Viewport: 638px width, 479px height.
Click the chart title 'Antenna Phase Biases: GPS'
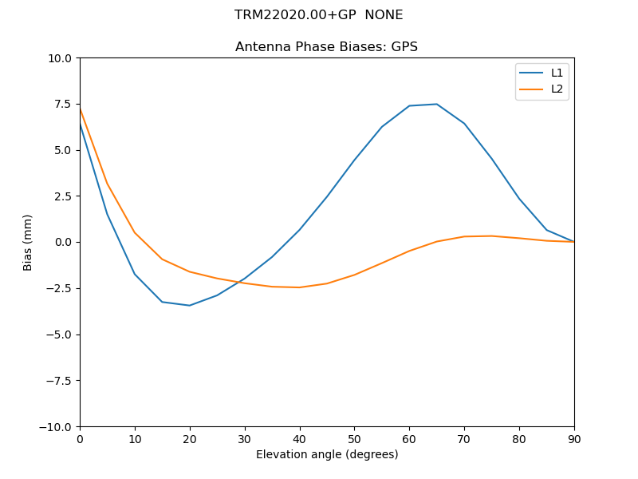[326, 47]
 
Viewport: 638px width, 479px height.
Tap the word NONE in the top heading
[384, 15]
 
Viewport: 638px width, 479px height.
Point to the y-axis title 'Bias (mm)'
[28, 242]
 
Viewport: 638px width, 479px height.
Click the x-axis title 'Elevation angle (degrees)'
[327, 455]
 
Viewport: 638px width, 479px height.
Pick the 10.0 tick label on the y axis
[61, 58]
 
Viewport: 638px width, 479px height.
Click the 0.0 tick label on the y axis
[63, 243]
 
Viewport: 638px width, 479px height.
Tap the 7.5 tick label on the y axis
[63, 105]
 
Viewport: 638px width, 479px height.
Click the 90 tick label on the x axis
[574, 439]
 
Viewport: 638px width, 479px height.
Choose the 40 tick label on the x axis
[300, 439]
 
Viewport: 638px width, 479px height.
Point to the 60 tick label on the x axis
[409, 439]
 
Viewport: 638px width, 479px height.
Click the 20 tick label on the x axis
[190, 439]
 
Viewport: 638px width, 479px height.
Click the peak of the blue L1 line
[436, 104]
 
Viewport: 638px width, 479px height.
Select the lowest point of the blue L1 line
[190, 305]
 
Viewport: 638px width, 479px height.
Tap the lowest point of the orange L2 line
[299, 287]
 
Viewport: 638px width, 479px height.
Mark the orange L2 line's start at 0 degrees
[80, 108]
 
